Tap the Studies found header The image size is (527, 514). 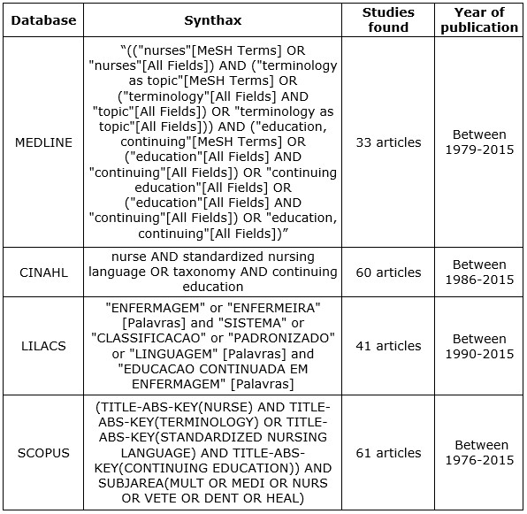[388, 19]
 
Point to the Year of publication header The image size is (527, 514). [480, 19]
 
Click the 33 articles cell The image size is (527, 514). [388, 142]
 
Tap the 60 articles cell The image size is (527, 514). [388, 272]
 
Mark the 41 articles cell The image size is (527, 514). [388, 346]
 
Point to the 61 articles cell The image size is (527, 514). [388, 453]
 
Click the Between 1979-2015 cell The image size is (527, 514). [480, 142]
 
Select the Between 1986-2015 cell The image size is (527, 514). [480, 272]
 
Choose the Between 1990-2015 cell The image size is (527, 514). [480, 346]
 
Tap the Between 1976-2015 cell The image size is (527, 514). [480, 453]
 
